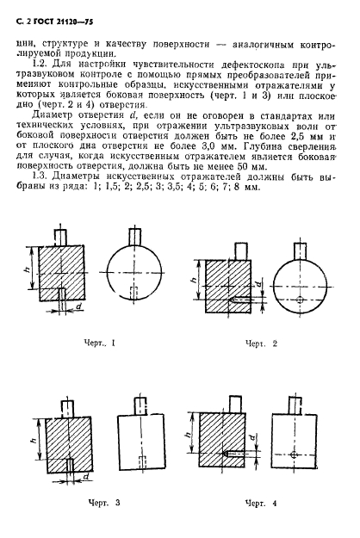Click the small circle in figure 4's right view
(x=294, y=453)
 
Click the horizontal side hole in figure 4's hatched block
(x=230, y=453)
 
